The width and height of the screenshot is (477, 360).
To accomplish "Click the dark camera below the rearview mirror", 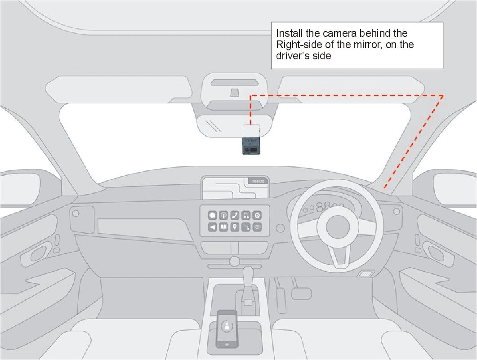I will [252, 146].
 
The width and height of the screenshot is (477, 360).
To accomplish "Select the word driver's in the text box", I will [293, 56].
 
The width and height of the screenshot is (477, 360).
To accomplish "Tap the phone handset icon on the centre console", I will [234, 216].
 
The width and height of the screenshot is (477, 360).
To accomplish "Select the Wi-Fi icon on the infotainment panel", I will [257, 227].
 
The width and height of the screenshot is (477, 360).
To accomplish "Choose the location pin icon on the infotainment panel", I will [235, 227].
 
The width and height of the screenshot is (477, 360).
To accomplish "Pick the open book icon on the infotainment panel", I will [223, 227].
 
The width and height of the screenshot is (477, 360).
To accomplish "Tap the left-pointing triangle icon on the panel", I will [212, 227].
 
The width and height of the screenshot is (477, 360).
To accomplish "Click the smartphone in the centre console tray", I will [227, 328].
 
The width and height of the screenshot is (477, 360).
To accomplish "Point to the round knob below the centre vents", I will [234, 261].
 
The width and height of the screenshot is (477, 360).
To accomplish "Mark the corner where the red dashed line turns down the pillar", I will [443, 95].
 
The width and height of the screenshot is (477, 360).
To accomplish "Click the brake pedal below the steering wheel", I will [300, 293].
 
